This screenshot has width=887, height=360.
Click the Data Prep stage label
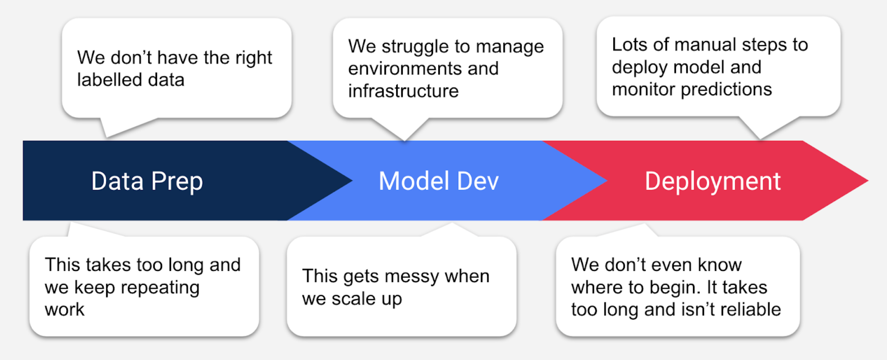click(147, 181)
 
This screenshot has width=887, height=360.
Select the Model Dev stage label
click(438, 181)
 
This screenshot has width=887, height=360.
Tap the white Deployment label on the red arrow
click(712, 181)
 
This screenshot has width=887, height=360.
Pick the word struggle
click(416, 47)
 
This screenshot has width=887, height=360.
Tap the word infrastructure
click(403, 91)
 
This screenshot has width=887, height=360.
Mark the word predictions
click(726, 90)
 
